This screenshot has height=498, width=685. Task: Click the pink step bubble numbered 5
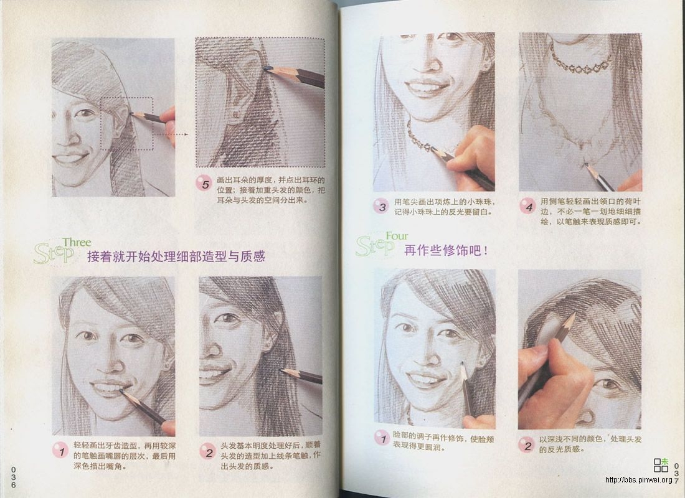pos(203,183)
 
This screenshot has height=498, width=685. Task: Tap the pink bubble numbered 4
pos(528,206)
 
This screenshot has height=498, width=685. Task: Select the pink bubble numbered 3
pos(382,206)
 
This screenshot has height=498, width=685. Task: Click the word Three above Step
pos(77,243)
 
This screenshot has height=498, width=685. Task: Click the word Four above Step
pos(397,237)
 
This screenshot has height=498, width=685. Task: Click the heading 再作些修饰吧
pos(446,251)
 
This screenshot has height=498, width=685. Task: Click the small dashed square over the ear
pos(127,123)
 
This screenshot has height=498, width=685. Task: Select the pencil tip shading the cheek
pos(462,364)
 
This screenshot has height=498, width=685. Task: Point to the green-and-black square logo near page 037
pos(661,464)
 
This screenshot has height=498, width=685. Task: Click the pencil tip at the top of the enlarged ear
pos(267,67)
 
